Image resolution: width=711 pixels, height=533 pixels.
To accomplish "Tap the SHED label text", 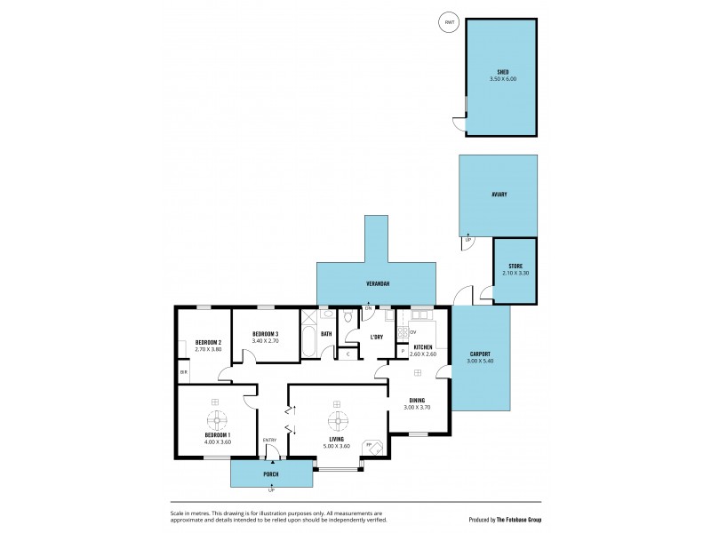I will (502, 72).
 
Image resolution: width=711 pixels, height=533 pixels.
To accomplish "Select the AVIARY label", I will (499, 194).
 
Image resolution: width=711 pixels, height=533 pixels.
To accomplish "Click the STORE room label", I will (515, 266).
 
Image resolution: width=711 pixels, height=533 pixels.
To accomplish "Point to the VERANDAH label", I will (377, 283).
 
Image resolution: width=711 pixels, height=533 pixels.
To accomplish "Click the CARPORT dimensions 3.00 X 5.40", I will (480, 361).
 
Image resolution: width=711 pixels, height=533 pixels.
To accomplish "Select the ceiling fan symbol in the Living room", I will (337, 420).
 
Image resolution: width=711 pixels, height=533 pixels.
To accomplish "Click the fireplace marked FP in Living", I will (374, 446).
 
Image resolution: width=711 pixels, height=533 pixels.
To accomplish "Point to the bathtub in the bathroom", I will (308, 342).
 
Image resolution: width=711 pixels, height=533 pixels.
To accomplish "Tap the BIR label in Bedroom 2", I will (183, 371).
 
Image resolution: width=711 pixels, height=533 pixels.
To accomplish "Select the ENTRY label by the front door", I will (269, 440).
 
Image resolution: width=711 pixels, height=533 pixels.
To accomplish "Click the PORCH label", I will (271, 473).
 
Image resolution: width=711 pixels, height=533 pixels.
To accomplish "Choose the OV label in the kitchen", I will (413, 332).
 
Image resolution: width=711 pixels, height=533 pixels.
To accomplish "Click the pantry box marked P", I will (403, 351).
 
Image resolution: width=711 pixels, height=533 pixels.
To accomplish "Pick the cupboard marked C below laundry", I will (348, 354).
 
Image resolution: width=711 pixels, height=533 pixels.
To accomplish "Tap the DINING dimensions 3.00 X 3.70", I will (416, 407).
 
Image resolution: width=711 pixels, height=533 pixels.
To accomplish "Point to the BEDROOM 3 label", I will (266, 333).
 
